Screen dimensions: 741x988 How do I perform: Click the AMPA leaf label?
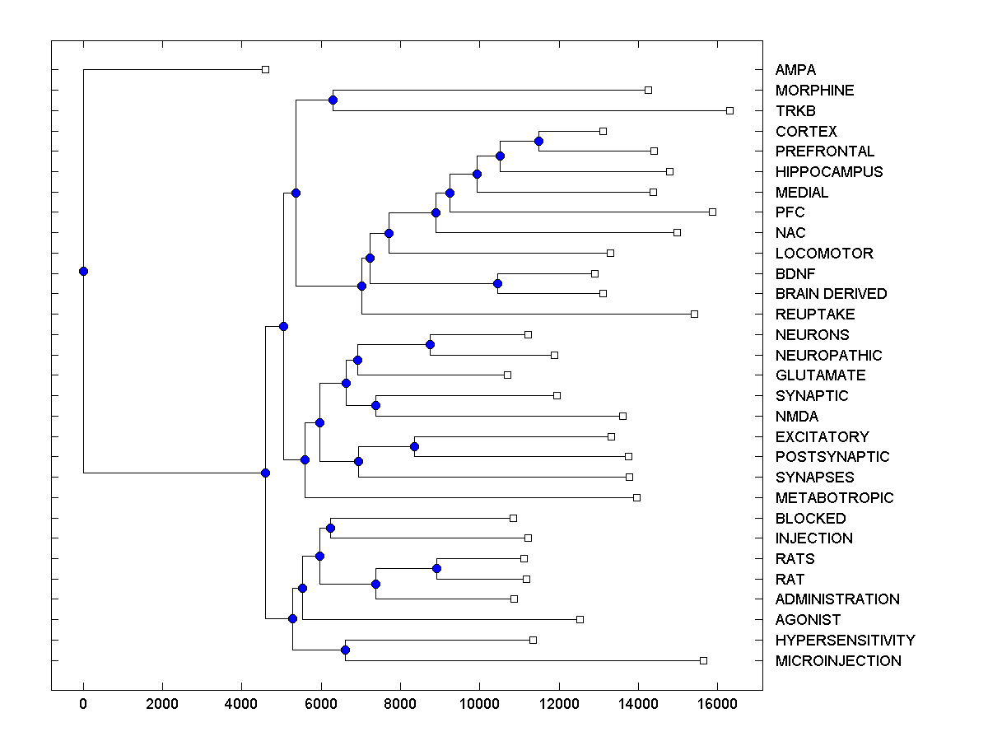pyautogui.click(x=795, y=70)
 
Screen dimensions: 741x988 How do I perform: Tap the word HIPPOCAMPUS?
pyautogui.click(x=829, y=172)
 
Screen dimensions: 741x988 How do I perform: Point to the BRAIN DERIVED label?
pyautogui.click(x=831, y=294)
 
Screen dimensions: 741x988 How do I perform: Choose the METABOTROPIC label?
pyautogui.click(x=834, y=498)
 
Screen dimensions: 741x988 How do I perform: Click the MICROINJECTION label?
pyautogui.click(x=838, y=661)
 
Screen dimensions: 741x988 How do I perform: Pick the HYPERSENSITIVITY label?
pyautogui.click(x=845, y=641)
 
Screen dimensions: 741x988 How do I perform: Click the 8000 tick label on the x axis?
pyautogui.click(x=400, y=704)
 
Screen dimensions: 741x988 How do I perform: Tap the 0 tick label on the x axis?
pyautogui.click(x=83, y=704)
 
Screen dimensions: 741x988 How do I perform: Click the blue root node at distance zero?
pyautogui.click(x=83, y=271)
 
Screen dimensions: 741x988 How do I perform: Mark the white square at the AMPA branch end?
pyautogui.click(x=265, y=69)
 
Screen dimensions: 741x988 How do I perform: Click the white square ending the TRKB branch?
pyautogui.click(x=729, y=110)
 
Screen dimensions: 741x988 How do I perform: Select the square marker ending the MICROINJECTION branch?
pyautogui.click(x=703, y=660)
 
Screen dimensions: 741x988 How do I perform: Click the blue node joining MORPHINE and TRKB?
pyautogui.click(x=333, y=100)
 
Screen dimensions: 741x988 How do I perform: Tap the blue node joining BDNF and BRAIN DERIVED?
pyautogui.click(x=497, y=283)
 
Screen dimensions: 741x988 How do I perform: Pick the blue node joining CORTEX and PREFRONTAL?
pyautogui.click(x=538, y=141)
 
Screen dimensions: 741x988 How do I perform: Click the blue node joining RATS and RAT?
pyautogui.click(x=436, y=568)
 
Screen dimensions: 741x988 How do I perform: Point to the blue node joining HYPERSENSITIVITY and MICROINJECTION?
pyautogui.click(x=345, y=650)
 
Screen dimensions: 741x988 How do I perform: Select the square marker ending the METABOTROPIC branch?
pyautogui.click(x=636, y=497)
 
